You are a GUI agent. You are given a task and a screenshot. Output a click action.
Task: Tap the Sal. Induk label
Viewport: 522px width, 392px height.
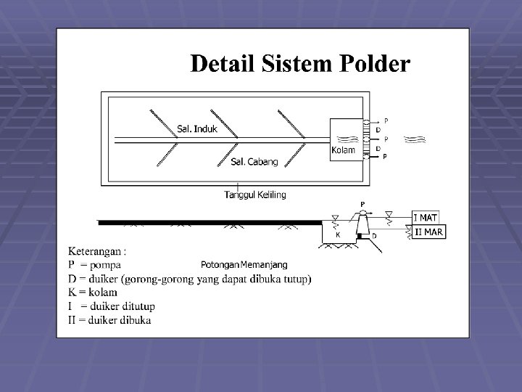196,129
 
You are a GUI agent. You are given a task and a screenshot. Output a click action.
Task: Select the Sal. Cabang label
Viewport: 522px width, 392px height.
254,162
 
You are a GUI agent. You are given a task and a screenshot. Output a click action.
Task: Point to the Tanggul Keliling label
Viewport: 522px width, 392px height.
255,194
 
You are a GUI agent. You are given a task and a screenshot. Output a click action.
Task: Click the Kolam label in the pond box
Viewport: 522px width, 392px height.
343,150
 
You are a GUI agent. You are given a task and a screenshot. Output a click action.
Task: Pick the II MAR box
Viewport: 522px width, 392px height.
429,232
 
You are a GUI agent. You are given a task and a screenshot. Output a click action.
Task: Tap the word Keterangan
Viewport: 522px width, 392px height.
94,252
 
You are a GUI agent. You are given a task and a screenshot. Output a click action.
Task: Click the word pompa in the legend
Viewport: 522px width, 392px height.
104,265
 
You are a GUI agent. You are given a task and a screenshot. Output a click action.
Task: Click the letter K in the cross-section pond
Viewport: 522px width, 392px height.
336,235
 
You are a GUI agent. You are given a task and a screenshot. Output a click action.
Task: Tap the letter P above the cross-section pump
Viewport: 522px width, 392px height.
362,203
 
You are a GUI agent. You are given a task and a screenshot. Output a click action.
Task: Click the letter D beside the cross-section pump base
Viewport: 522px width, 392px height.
374,236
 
